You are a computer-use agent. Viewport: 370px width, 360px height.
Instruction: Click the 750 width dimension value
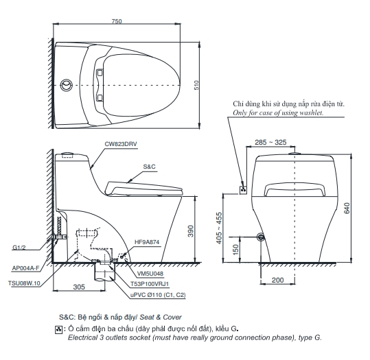[117, 21]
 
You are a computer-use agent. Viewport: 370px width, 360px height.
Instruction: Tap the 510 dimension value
[196, 85]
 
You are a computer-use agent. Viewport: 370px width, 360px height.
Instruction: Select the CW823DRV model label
[121, 144]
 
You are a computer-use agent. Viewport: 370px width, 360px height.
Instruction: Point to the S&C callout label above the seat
[150, 167]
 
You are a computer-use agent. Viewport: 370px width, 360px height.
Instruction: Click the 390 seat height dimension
[191, 231]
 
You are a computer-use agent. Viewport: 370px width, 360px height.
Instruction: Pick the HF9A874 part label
[147, 242]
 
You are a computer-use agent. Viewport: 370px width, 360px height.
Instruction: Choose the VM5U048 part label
[150, 274]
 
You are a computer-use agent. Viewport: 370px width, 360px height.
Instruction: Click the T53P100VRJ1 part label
[150, 284]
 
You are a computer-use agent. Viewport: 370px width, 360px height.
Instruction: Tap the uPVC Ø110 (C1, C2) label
[158, 295]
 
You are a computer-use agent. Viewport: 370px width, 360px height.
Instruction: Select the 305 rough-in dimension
[79, 287]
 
